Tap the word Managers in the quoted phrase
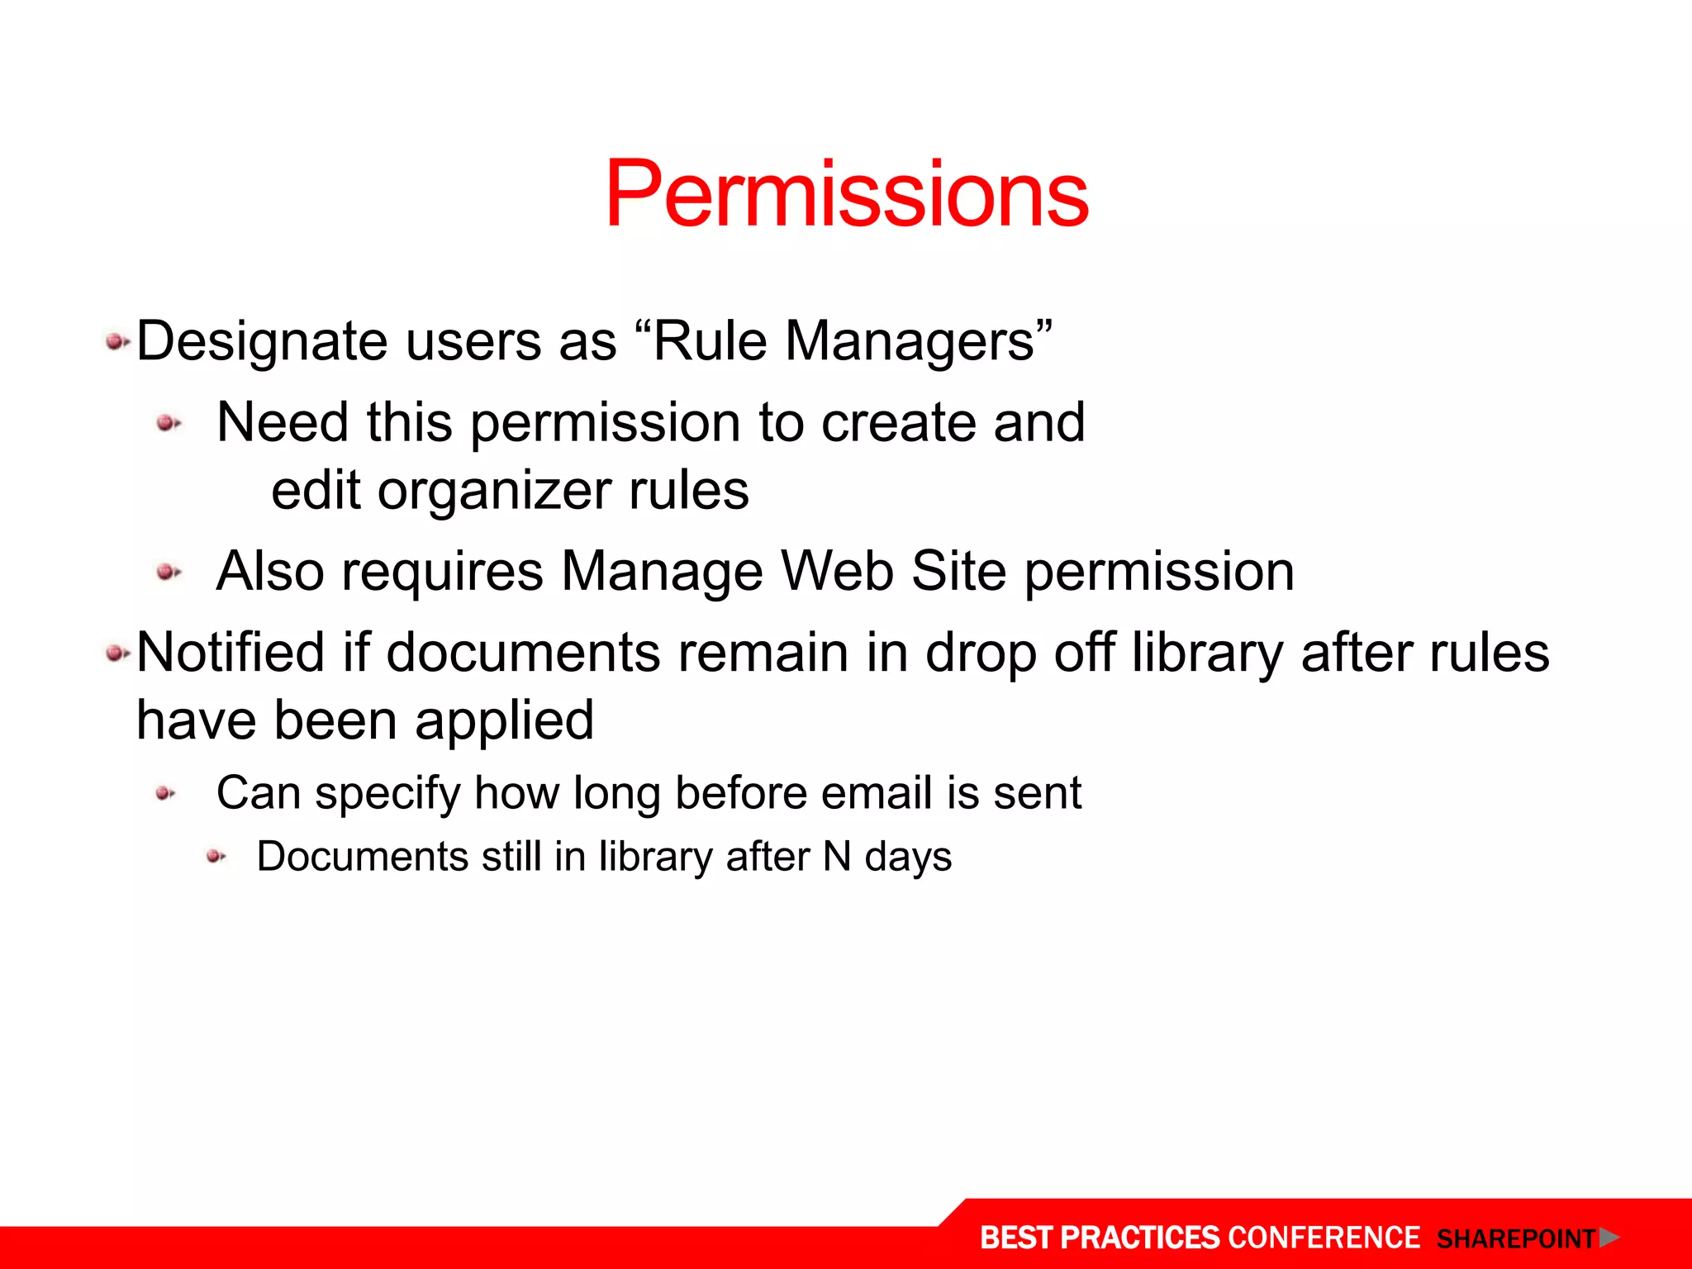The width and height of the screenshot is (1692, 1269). pyautogui.click(x=909, y=341)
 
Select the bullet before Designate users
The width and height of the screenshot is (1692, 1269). pyautogui.click(x=116, y=341)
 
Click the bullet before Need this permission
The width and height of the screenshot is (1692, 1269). pyautogui.click(x=169, y=423)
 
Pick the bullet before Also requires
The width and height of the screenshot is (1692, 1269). pyautogui.click(x=169, y=572)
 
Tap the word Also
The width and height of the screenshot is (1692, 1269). pyautogui.click(x=269, y=572)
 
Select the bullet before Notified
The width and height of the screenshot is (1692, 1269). pyautogui.click(x=116, y=654)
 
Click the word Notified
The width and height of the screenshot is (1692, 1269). pyautogui.click(x=231, y=653)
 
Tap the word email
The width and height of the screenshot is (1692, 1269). pyautogui.click(x=877, y=793)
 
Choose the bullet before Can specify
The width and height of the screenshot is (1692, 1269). pyautogui.click(x=165, y=794)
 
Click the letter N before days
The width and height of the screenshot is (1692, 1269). pyautogui.click(x=837, y=857)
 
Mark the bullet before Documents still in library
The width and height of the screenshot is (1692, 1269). pyautogui.click(x=216, y=857)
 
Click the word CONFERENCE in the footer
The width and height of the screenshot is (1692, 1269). pyautogui.click(x=1324, y=1238)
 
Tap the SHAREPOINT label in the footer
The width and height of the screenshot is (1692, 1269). pyautogui.click(x=1516, y=1239)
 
